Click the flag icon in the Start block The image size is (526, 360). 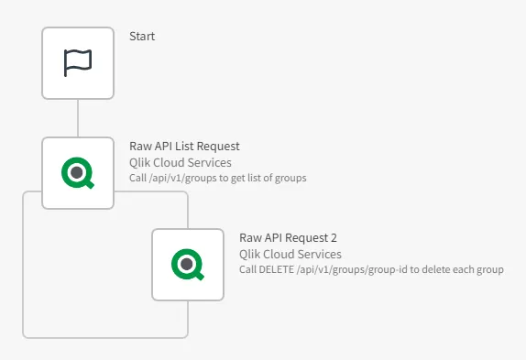pyautogui.click(x=78, y=62)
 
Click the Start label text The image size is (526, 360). pyautogui.click(x=142, y=36)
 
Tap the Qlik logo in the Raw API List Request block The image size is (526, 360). pyautogui.click(x=78, y=172)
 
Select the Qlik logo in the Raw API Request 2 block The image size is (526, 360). pyautogui.click(x=188, y=265)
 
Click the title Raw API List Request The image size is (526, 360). pyautogui.click(x=184, y=147)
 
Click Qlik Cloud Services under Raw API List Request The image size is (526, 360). pyautogui.click(x=181, y=162)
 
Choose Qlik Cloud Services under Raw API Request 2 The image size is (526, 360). pyautogui.click(x=290, y=254)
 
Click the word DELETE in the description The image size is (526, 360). pyautogui.click(x=279, y=269)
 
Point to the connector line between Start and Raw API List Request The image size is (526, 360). pyautogui.click(x=78, y=118)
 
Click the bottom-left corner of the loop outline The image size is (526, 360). pyautogui.click(x=25, y=335)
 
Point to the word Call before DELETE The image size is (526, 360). pyautogui.click(x=249, y=269)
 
